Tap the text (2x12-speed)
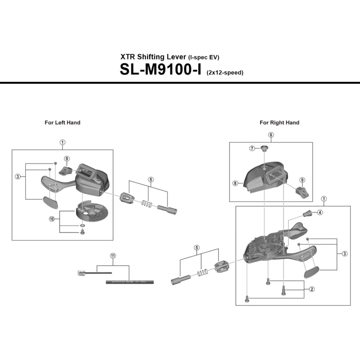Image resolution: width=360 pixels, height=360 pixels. (x=225, y=73)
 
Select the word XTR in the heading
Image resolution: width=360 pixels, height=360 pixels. (x=128, y=57)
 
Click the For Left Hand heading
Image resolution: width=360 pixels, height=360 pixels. (x=62, y=122)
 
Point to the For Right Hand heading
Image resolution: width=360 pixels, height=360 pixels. (x=279, y=122)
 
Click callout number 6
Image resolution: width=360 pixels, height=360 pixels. (x=271, y=135)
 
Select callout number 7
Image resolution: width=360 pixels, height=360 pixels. (x=252, y=148)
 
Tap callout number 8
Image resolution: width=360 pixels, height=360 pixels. (x=235, y=183)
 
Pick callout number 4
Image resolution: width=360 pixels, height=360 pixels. (x=320, y=212)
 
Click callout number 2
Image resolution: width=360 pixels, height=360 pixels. (x=312, y=289)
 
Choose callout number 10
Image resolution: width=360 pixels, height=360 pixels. (x=52, y=219)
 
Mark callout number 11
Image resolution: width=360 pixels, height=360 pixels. (x=113, y=256)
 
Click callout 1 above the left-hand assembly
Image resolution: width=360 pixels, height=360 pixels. (x=62, y=142)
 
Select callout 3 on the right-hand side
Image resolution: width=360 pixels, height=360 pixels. (x=345, y=254)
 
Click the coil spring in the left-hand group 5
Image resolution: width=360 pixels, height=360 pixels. (x=146, y=204)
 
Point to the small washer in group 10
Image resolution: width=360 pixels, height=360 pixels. (x=82, y=225)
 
